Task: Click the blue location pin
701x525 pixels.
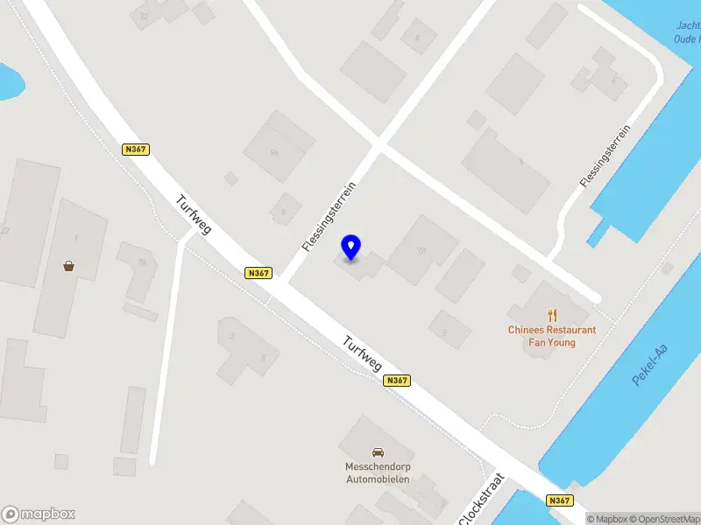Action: coord(351,247)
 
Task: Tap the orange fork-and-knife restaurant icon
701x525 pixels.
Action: coord(552,315)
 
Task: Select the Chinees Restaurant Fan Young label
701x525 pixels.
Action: coord(552,336)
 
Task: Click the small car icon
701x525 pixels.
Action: coord(378,452)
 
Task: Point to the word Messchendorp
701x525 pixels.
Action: coord(378,467)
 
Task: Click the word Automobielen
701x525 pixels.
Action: coord(378,479)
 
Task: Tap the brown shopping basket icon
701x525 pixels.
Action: coord(68,266)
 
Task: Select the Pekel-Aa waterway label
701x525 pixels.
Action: coord(649,365)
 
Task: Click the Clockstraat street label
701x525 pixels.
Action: coord(482,500)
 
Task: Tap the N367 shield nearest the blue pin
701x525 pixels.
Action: coord(258,273)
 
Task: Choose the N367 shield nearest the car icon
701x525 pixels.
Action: coord(397,381)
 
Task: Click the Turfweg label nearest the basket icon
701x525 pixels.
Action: coord(194,213)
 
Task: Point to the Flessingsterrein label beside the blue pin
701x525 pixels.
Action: coord(329,217)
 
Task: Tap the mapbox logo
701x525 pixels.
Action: coord(39,514)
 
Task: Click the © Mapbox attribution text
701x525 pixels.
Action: coord(607,519)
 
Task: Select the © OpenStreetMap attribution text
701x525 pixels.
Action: coord(668,519)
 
